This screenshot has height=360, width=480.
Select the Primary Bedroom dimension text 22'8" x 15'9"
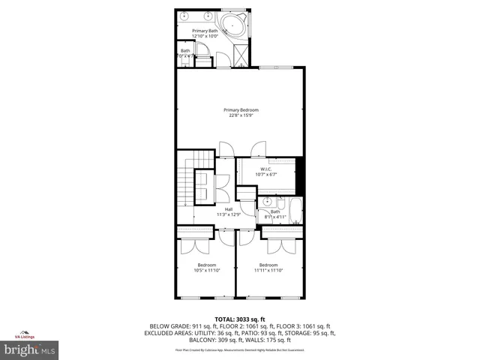point(241,115)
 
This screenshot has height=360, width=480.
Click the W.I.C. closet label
point(265,169)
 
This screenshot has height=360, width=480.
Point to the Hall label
point(229,209)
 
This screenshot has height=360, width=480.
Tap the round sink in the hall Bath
point(267,202)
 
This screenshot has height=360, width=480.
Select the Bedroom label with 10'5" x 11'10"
point(206,265)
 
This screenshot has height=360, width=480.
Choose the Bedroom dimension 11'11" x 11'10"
point(268,270)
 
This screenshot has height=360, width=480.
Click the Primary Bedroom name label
point(241,109)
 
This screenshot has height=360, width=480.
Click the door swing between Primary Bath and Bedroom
point(217,60)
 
